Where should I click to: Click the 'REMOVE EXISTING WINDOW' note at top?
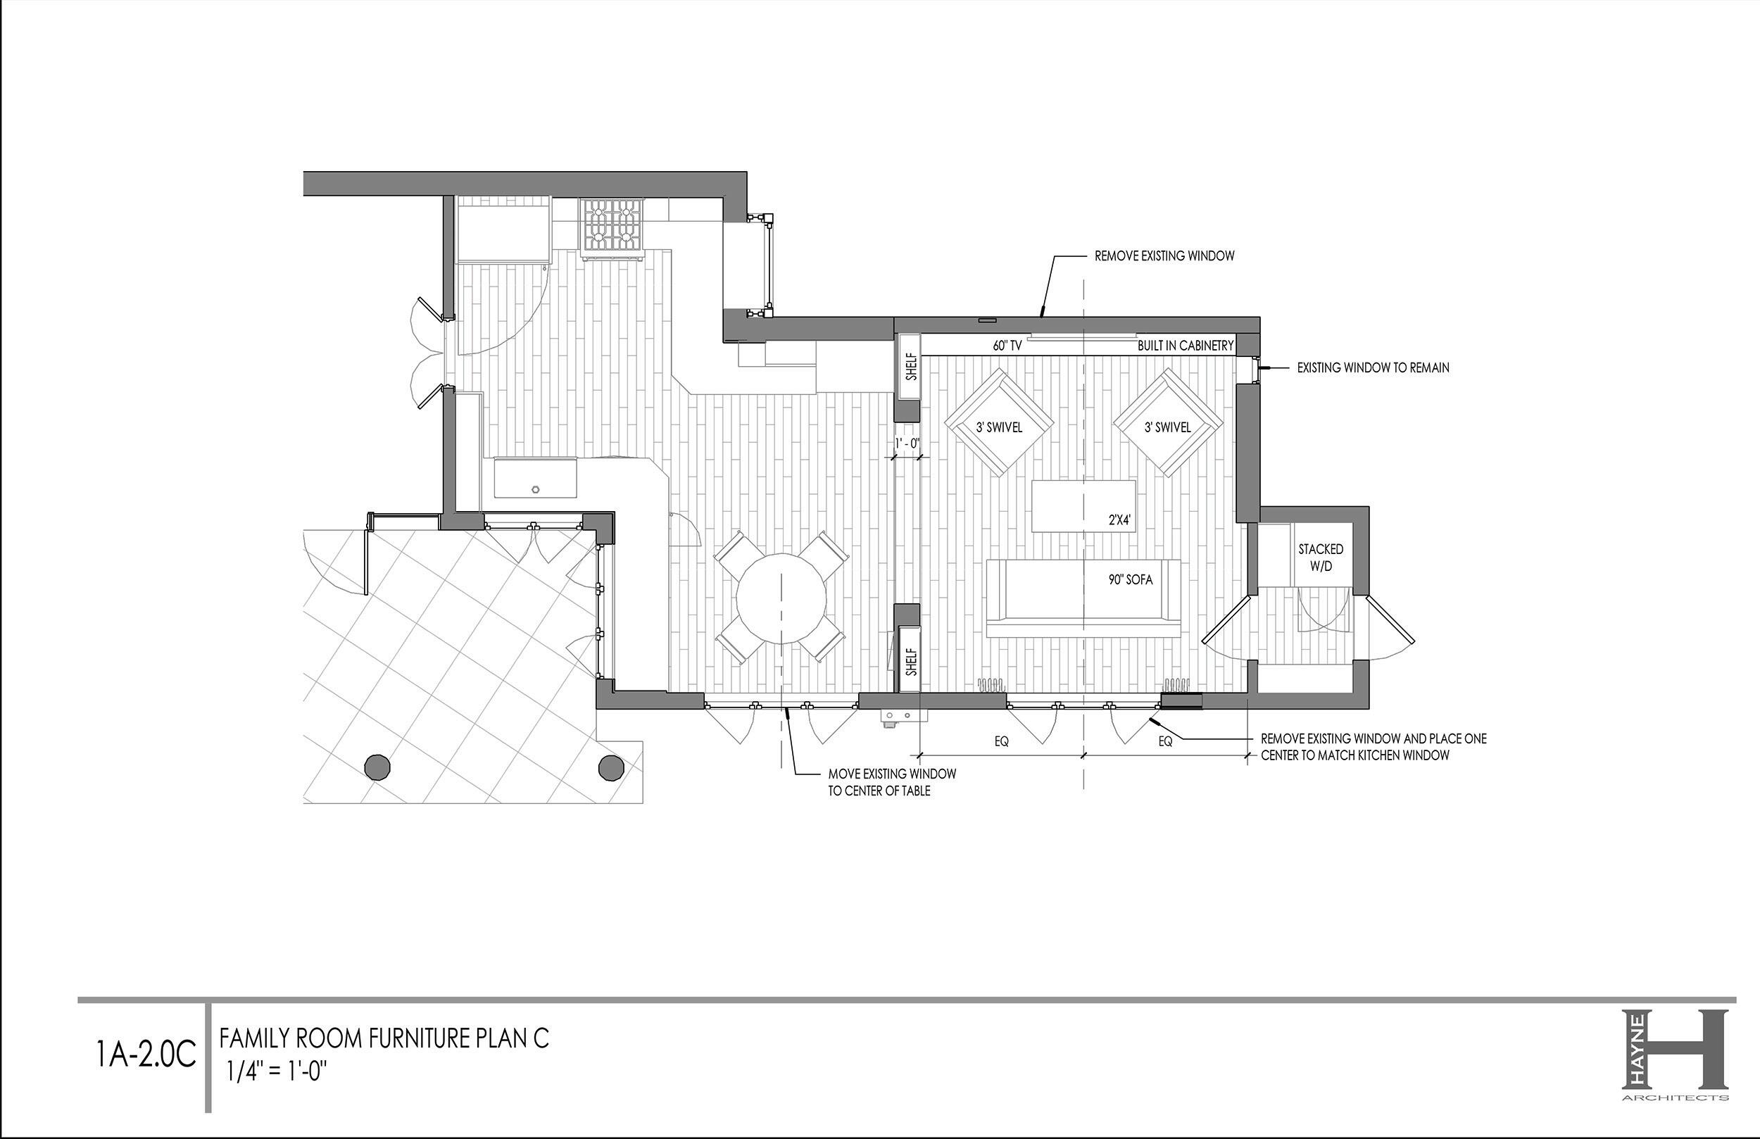[1164, 256]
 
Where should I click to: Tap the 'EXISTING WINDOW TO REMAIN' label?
[1374, 367]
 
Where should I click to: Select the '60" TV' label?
[1007, 346]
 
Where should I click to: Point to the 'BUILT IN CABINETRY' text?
[1186, 346]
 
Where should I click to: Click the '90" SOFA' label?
[1130, 580]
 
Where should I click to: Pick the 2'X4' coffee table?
[1083, 506]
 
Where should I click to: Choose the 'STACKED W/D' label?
[1321, 558]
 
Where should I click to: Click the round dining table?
[781, 598]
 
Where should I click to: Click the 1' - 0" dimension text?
[907, 443]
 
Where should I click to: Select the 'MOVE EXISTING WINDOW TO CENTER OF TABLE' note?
[892, 782]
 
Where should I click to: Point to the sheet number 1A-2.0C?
[146, 1054]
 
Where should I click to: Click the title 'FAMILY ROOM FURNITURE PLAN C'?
[384, 1038]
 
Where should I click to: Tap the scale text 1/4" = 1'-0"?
[277, 1071]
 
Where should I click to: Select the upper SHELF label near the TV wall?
[912, 367]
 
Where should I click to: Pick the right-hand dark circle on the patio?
[611, 767]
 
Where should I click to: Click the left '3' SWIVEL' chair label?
[999, 427]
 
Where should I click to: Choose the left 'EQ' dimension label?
[1001, 741]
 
